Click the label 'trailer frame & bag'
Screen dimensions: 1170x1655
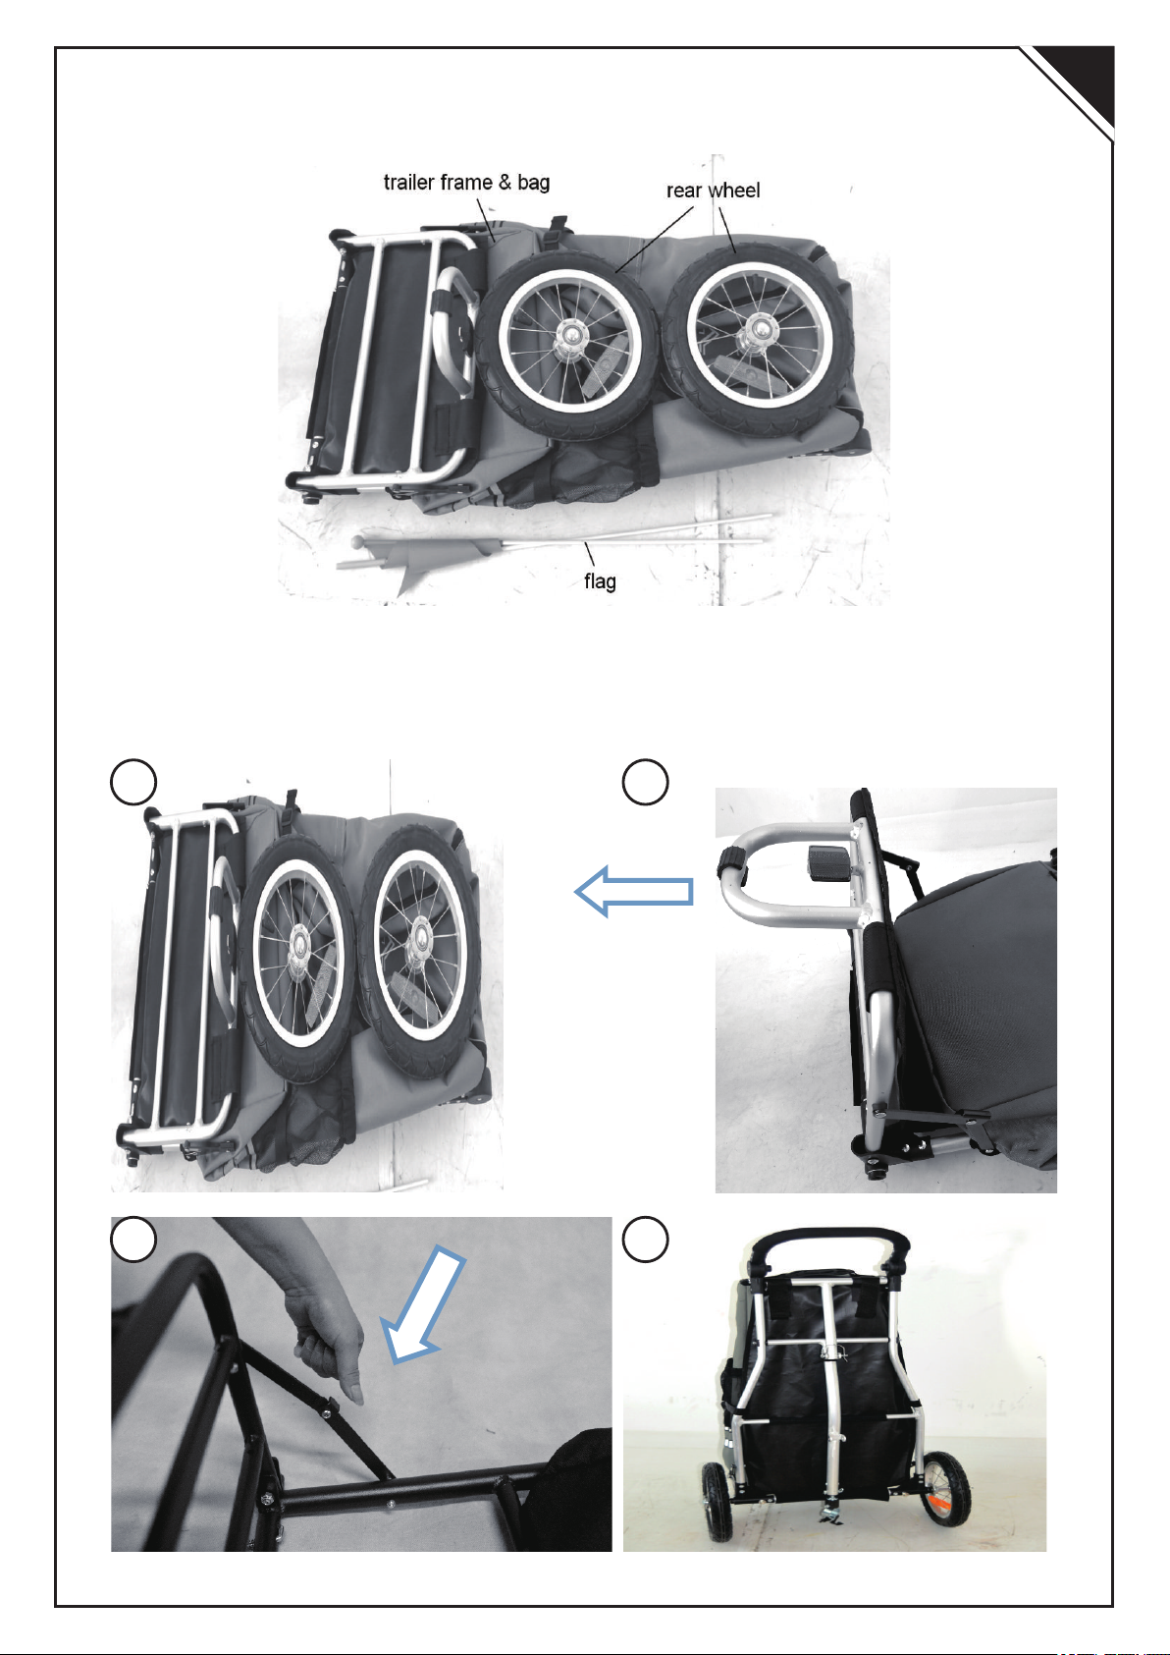pos(466,182)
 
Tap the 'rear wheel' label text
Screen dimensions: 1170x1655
pos(713,191)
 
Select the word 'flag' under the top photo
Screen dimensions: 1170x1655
pos(600,580)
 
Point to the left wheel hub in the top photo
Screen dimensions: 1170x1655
pos(569,337)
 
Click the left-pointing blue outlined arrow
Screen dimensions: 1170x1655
pos(633,891)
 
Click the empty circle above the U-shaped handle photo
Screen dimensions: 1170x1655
pos(645,782)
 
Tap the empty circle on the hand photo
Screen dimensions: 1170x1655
pos(133,1239)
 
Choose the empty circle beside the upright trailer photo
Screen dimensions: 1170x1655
pos(645,1239)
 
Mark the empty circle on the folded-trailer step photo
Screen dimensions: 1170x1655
pos(133,782)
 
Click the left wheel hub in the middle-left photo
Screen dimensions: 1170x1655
pos(299,943)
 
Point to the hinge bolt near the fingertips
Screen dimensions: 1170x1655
pos(327,1412)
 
